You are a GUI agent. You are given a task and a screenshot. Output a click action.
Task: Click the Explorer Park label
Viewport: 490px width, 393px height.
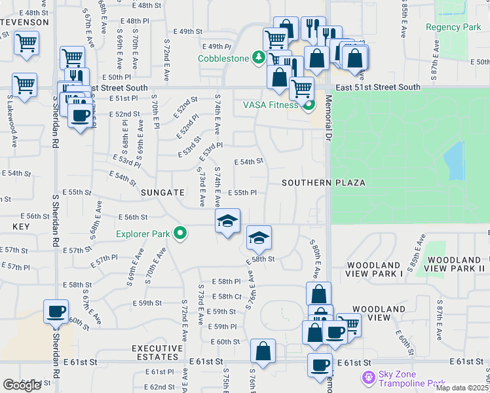143,234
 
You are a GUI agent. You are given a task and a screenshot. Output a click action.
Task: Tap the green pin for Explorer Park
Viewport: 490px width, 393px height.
178,233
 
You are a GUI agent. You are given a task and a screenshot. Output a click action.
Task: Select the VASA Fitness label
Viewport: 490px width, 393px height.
271,105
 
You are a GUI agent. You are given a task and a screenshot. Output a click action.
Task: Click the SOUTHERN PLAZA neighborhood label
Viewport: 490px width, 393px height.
323,183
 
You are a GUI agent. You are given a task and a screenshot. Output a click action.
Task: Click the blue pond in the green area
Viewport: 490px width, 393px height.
453,160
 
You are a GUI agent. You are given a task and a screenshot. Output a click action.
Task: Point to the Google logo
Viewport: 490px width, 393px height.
22,385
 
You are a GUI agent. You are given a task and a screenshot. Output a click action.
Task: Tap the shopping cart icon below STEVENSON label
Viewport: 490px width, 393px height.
26,43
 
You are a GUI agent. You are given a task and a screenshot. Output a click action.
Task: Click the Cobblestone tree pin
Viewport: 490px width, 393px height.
259,57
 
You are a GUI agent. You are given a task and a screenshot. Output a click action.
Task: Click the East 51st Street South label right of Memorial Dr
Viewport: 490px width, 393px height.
378,86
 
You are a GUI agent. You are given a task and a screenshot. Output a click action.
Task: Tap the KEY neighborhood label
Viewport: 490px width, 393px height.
22,225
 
